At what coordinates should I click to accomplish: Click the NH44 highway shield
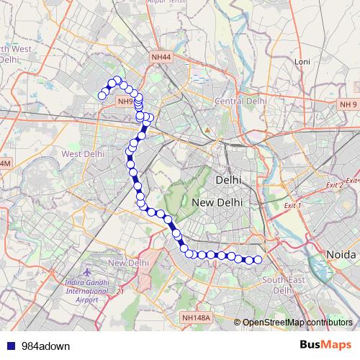(x=162, y=55)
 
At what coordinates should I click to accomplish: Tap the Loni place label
(x=302, y=62)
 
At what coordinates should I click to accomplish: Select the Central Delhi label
(x=240, y=102)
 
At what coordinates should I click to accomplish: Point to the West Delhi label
(x=84, y=154)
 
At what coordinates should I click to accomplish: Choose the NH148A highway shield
(x=196, y=318)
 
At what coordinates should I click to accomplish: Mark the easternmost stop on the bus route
(x=258, y=259)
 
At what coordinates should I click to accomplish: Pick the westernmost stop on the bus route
(x=102, y=96)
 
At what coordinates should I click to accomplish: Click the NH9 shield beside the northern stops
(x=125, y=102)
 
